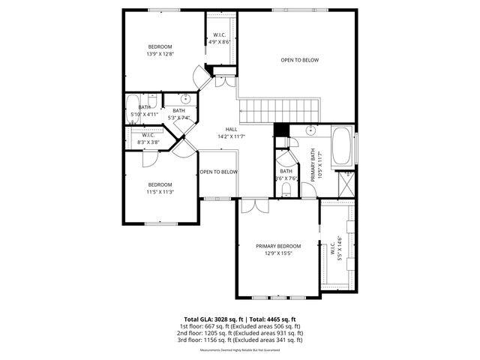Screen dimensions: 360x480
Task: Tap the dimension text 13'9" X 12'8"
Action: coord(160,54)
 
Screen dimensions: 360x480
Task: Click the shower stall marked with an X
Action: coord(348,182)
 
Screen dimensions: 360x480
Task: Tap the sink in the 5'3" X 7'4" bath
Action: coord(184,99)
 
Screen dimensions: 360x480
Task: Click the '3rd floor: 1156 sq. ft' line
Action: coord(240,340)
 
